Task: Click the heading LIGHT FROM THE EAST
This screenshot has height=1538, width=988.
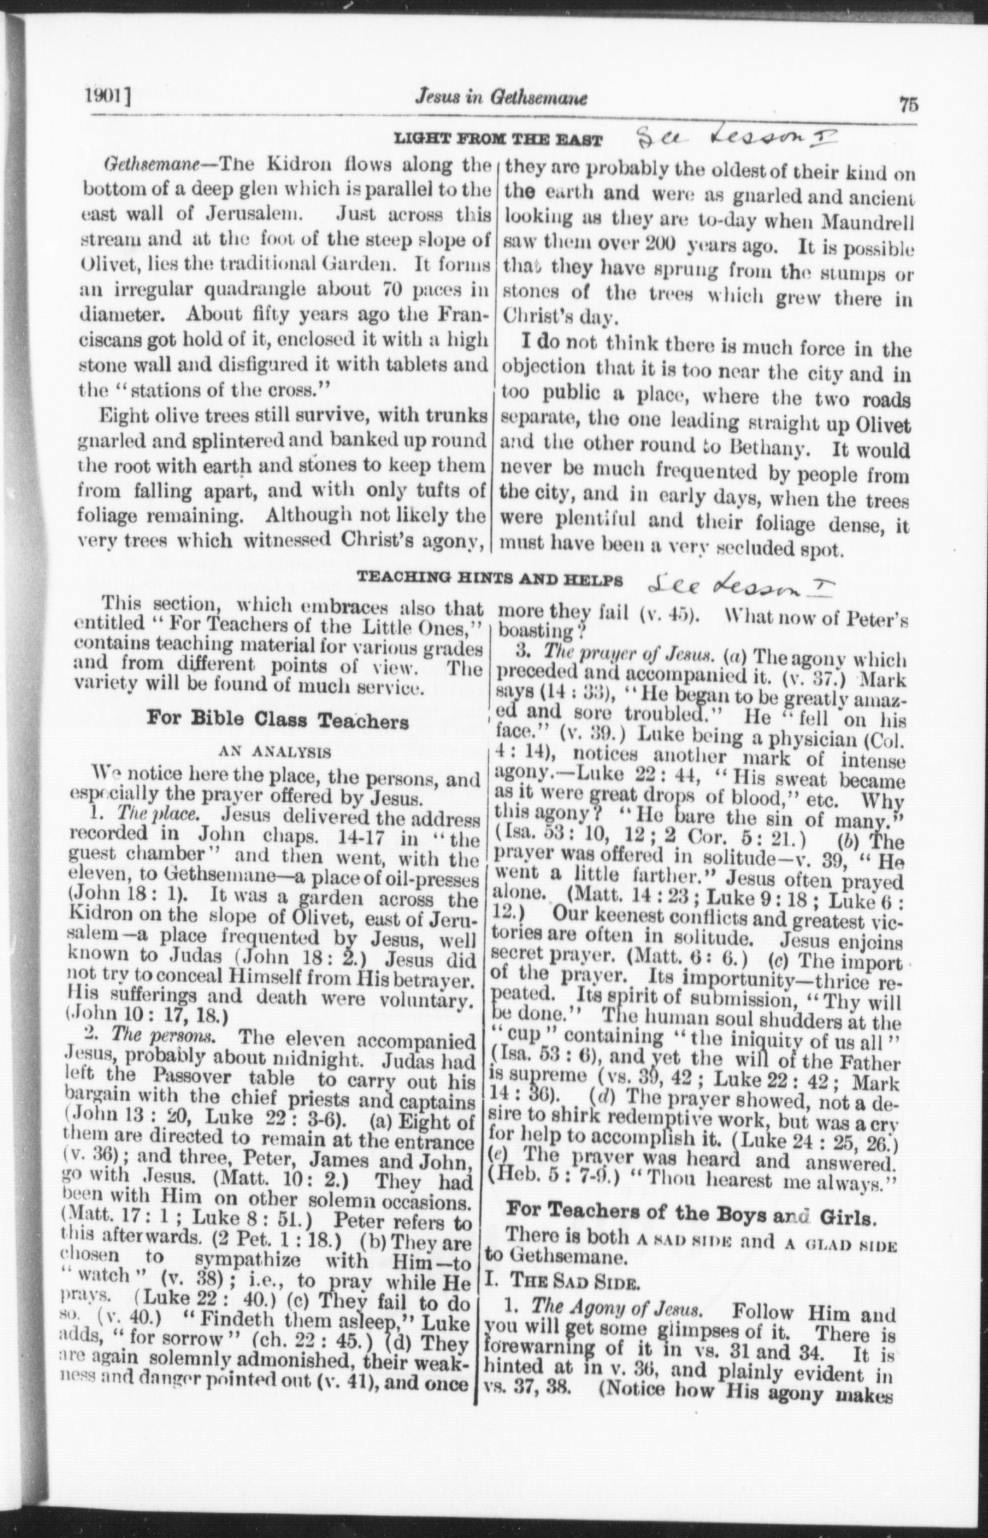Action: tap(498, 139)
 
